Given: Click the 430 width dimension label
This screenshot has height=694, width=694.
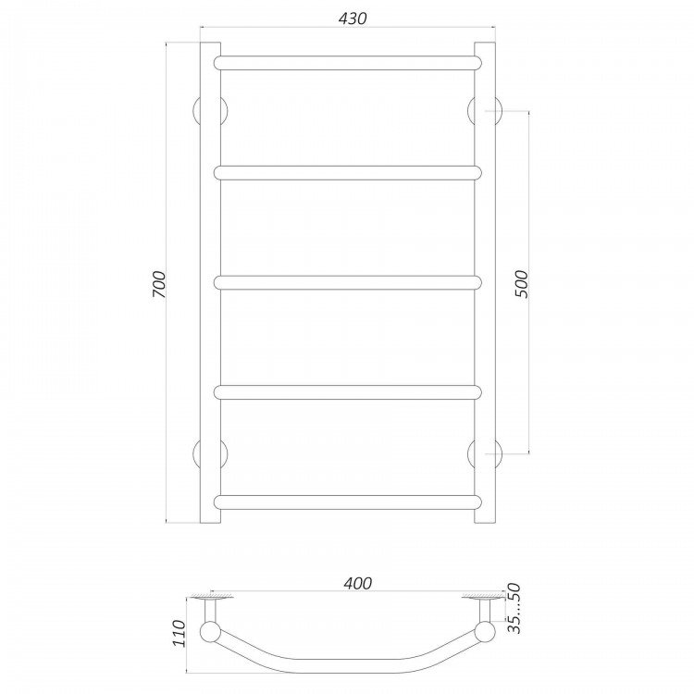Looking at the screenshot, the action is click(353, 19).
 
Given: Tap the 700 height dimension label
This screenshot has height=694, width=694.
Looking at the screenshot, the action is click(158, 284).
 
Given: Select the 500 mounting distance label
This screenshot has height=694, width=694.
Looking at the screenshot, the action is click(522, 284).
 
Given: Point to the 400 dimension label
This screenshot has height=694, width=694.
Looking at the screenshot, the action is click(357, 583).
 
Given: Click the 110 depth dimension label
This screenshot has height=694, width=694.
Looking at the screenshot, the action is click(179, 633).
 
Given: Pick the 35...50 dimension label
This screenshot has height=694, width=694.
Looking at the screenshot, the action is click(514, 609).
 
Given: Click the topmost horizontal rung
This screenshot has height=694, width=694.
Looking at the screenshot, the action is click(347, 63).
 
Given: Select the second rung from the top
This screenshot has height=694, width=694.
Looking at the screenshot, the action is click(347, 173).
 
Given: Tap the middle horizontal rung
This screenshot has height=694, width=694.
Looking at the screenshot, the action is click(347, 282).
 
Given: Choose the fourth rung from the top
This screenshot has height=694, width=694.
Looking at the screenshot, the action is click(347, 392).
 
